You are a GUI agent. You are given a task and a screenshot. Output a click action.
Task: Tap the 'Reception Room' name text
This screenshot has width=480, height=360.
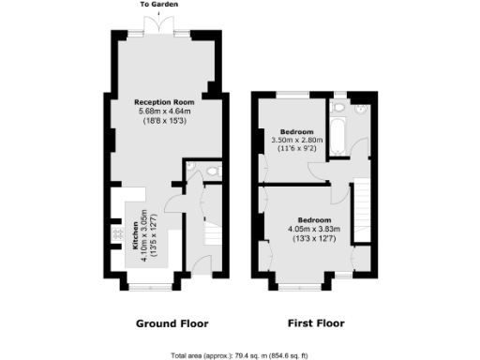[164, 102]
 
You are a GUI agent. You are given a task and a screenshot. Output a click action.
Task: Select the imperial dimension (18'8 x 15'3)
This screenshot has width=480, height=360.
[164, 121]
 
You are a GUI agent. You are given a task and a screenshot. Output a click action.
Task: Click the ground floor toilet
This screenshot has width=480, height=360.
[212, 171]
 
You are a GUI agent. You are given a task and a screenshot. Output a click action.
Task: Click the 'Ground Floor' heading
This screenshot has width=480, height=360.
[172, 323]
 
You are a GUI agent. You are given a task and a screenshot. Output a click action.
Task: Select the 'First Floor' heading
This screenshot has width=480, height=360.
[316, 323]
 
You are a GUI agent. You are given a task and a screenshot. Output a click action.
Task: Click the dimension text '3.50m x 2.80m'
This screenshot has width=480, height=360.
[291, 141]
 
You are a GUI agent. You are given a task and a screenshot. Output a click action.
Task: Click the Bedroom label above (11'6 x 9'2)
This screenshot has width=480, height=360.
[291, 131]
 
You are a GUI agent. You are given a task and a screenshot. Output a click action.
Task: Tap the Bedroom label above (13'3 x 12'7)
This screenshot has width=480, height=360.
[312, 219]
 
